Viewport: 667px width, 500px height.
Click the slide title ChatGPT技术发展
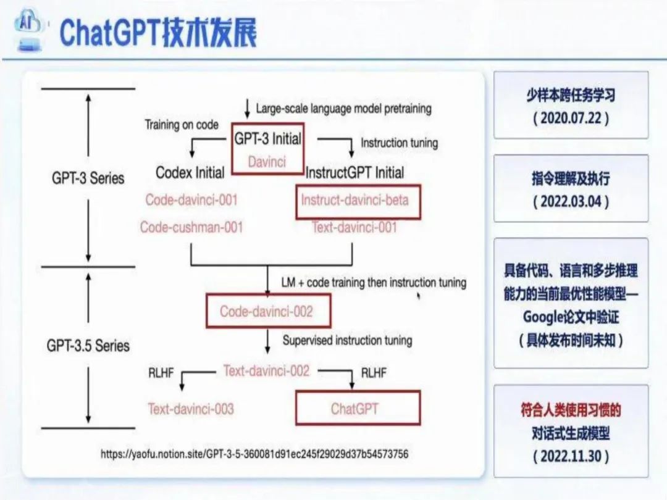pos(157,32)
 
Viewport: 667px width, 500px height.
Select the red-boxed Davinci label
pos(267,162)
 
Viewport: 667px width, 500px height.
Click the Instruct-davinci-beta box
pos(358,201)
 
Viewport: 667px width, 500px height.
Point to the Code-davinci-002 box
pos(267,311)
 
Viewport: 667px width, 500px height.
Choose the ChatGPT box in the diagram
pos(358,408)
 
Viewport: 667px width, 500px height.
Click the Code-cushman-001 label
pos(191,227)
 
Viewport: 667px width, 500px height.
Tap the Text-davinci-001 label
pos(354,227)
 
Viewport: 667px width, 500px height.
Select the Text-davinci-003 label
pos(191,408)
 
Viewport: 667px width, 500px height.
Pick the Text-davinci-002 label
pos(266,371)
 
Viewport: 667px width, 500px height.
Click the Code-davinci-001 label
pos(191,200)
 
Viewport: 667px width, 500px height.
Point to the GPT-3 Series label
pos(88,178)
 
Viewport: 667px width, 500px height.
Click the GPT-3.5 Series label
pos(88,345)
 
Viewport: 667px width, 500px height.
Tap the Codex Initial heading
pos(190,173)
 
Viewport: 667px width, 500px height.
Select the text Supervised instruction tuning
pos(347,340)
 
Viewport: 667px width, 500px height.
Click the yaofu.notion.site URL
pos(254,454)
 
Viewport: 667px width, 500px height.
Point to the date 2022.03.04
pos(571,201)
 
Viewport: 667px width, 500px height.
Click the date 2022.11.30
pos(571,456)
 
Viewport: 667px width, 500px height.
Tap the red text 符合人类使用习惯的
pos(571,410)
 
